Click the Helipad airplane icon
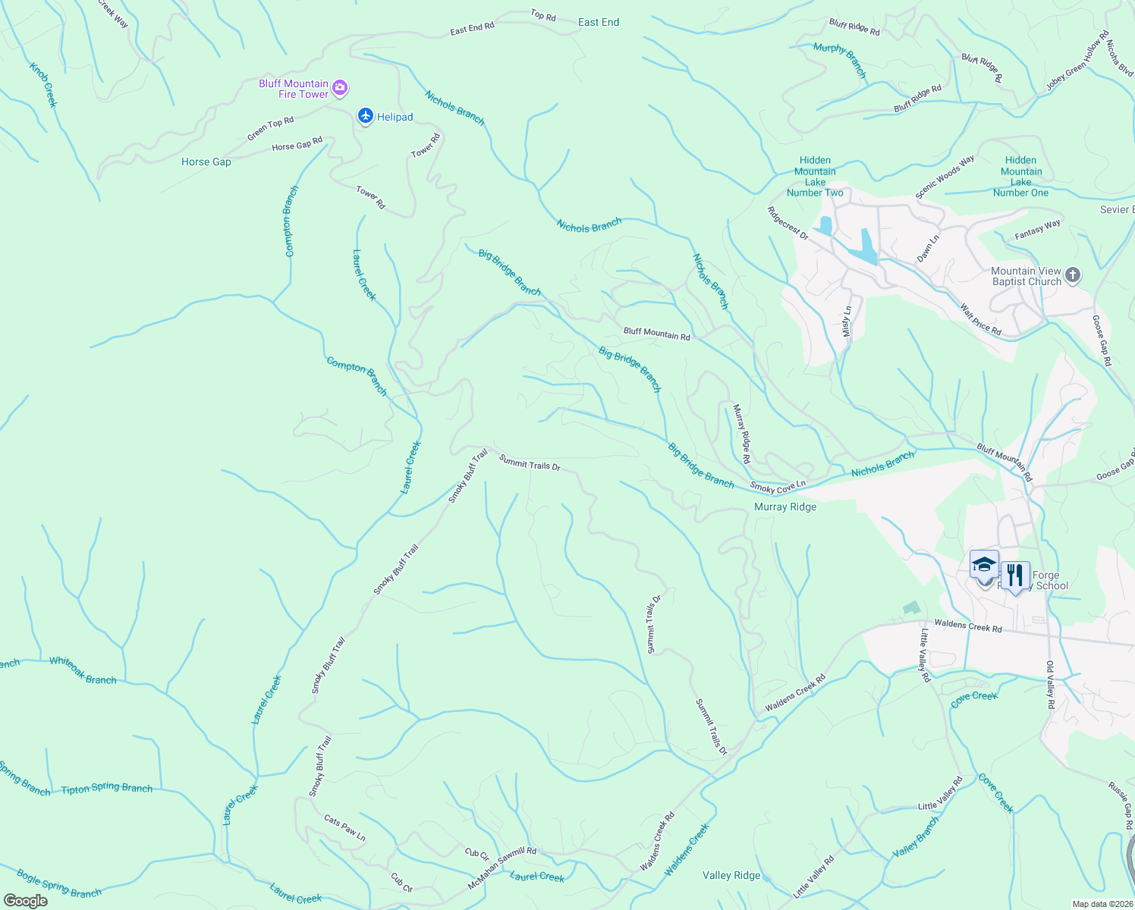[x=366, y=116]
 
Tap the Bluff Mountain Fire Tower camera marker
[x=340, y=88]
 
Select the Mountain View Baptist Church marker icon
[x=1072, y=275]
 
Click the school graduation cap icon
[x=984, y=565]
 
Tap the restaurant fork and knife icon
[x=1014, y=576]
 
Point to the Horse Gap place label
[x=206, y=162]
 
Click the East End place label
[x=599, y=22]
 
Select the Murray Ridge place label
[x=785, y=507]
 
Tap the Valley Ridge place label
[x=731, y=875]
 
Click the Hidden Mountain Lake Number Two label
[x=815, y=176]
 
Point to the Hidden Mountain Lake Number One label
[x=1020, y=176]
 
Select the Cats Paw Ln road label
[x=344, y=827]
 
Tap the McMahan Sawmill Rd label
[x=502, y=866]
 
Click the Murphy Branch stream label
[x=839, y=59]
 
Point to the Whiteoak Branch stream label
[x=83, y=670]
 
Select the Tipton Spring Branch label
[x=107, y=789]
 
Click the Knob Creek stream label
[x=43, y=84]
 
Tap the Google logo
[x=26, y=901]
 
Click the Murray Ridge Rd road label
[x=741, y=434]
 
